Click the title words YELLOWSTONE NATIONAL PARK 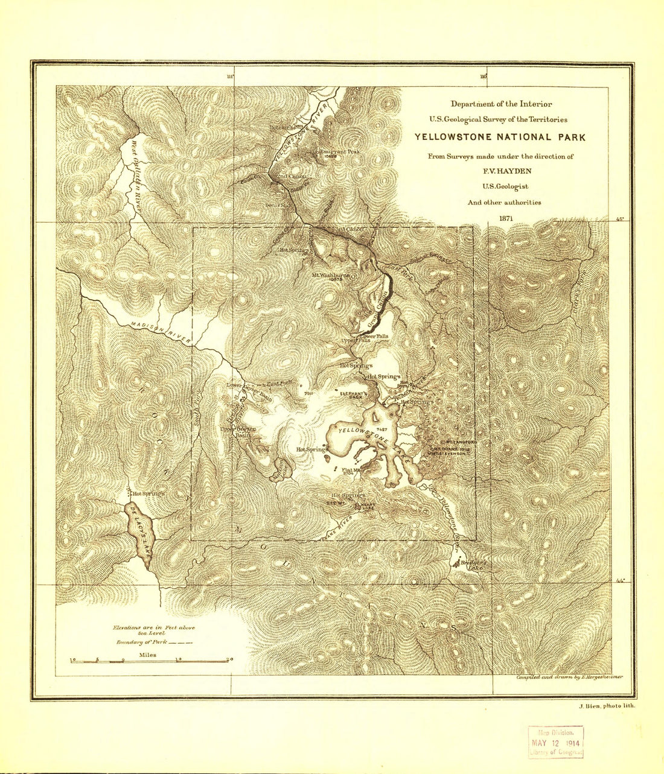click(x=500, y=137)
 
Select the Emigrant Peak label click(x=339, y=151)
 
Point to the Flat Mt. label click(x=349, y=471)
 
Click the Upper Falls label click(x=355, y=341)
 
